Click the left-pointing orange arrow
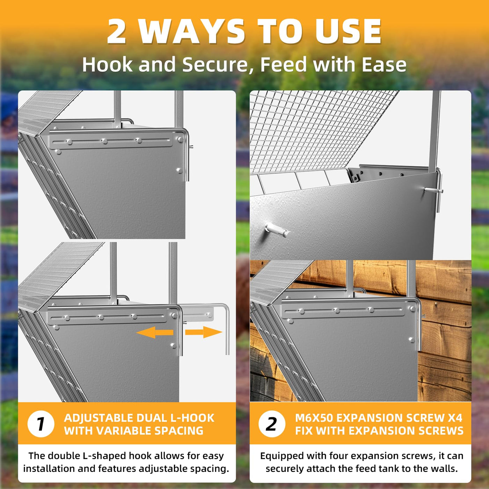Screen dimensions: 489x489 (155, 333)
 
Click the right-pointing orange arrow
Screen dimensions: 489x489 (204, 332)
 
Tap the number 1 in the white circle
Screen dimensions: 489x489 (41, 424)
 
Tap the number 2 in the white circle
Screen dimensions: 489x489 (271, 424)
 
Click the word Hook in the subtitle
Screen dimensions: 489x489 (107, 65)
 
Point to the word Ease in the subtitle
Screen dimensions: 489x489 (384, 65)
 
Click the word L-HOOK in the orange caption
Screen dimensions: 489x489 (192, 418)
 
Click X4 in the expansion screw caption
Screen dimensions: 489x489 (455, 418)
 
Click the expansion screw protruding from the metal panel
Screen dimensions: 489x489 (277, 229)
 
